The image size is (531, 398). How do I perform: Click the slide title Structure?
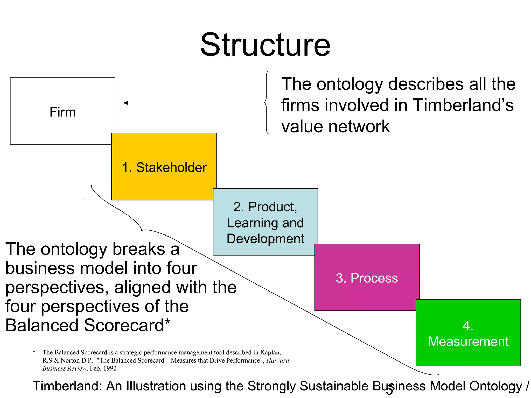(x=265, y=45)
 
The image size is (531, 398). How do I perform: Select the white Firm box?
(x=62, y=111)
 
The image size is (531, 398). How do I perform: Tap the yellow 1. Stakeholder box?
(x=164, y=167)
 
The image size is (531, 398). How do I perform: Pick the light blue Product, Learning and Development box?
(x=265, y=222)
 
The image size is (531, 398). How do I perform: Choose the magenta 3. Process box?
(x=367, y=278)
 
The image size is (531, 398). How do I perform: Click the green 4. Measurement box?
(x=468, y=333)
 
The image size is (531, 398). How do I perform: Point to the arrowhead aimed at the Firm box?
(x=126, y=103)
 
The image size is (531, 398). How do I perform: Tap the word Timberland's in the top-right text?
(x=463, y=105)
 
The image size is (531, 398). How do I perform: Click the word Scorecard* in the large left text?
(x=127, y=325)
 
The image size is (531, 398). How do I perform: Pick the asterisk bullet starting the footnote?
(x=34, y=352)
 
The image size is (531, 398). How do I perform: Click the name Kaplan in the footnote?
(x=270, y=352)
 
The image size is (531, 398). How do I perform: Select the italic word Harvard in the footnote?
(x=278, y=360)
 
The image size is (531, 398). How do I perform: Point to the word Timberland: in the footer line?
(x=67, y=386)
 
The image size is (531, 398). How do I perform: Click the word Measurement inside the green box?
(x=468, y=342)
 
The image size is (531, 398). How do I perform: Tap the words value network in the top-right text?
(x=336, y=126)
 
